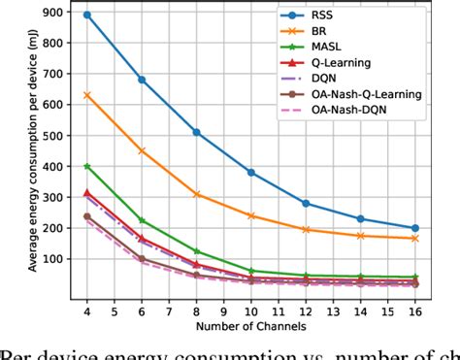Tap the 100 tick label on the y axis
tap(49, 259)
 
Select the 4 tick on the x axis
tap(86, 312)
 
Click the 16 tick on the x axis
tap(415, 312)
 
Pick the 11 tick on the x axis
tap(278, 312)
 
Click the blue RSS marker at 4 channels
tap(86, 16)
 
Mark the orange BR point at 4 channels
tap(86, 95)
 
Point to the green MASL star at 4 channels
tap(86, 166)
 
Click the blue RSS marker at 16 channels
tap(415, 228)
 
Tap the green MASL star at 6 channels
tap(142, 220)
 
